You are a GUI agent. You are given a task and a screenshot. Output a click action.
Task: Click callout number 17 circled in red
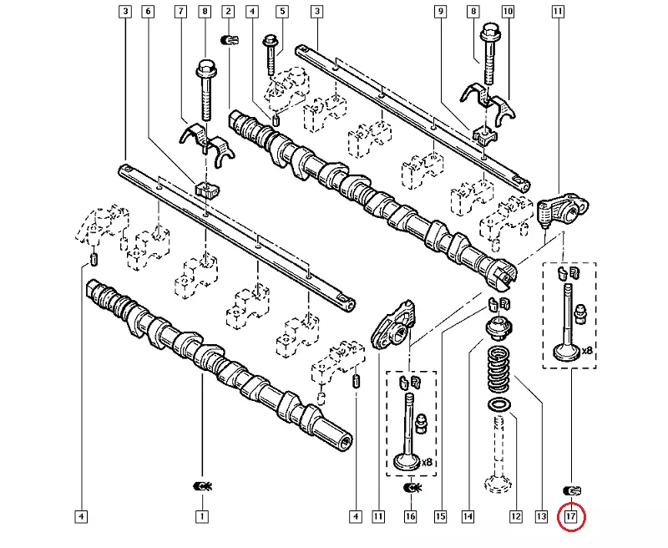571,517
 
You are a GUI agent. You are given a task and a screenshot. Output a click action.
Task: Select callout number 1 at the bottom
201,517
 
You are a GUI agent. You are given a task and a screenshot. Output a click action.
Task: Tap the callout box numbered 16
410,517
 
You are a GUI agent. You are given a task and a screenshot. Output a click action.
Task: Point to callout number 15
440,517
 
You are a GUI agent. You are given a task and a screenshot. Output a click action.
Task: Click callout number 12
516,517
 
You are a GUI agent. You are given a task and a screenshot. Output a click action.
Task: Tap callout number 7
180,12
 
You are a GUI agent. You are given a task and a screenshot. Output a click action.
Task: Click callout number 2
227,12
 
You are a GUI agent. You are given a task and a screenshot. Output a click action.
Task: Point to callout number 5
281,12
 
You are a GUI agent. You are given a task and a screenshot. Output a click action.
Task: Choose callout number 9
440,12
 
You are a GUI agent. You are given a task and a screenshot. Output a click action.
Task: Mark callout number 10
507,12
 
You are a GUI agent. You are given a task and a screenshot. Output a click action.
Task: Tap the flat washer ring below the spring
499,405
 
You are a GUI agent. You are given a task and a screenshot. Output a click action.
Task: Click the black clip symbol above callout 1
202,487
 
